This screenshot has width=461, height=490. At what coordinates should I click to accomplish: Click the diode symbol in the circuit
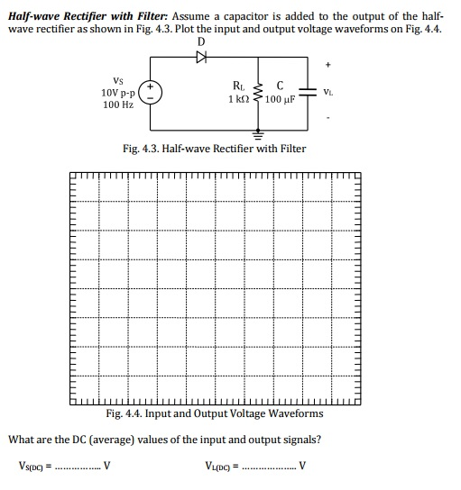(x=200, y=55)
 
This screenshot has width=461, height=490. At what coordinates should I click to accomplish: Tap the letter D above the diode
(x=200, y=41)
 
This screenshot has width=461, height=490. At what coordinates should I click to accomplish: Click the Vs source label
(x=117, y=80)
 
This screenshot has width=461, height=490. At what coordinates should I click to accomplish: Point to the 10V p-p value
(x=118, y=93)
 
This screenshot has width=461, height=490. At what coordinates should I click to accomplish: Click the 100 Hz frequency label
(x=117, y=105)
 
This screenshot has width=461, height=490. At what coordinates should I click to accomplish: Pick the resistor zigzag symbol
(x=261, y=94)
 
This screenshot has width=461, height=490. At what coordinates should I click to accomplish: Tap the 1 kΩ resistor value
(x=238, y=99)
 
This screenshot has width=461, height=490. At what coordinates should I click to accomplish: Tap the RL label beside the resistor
(x=238, y=87)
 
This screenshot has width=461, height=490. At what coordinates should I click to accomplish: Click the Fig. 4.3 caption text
(x=214, y=149)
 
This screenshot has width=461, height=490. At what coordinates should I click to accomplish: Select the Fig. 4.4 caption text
(x=214, y=413)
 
